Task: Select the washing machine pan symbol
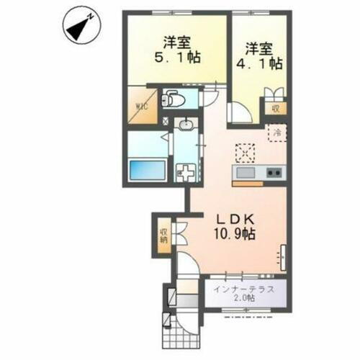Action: pyautogui.click(x=186, y=174)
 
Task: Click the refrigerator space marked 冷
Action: pyautogui.click(x=276, y=132)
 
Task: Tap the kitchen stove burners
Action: pyautogui.click(x=273, y=173)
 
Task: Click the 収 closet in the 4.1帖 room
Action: pyautogui.click(x=274, y=109)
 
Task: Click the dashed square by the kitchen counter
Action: pyautogui.click(x=246, y=153)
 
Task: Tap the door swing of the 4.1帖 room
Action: pyautogui.click(x=237, y=113)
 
